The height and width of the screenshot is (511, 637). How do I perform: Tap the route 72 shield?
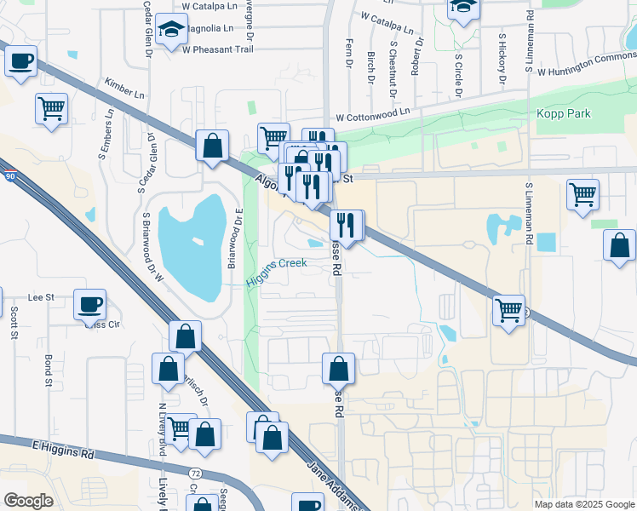195,471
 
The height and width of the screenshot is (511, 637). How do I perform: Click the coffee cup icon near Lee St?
89,304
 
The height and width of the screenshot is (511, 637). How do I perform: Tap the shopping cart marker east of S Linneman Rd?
583,193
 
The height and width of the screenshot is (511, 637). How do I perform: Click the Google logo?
28,501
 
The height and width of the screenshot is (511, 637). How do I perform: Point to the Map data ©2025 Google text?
584,504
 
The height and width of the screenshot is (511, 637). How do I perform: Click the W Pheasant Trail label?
218,49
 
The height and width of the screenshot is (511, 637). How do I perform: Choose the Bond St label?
49,369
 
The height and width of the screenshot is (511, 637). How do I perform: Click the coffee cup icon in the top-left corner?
20,61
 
